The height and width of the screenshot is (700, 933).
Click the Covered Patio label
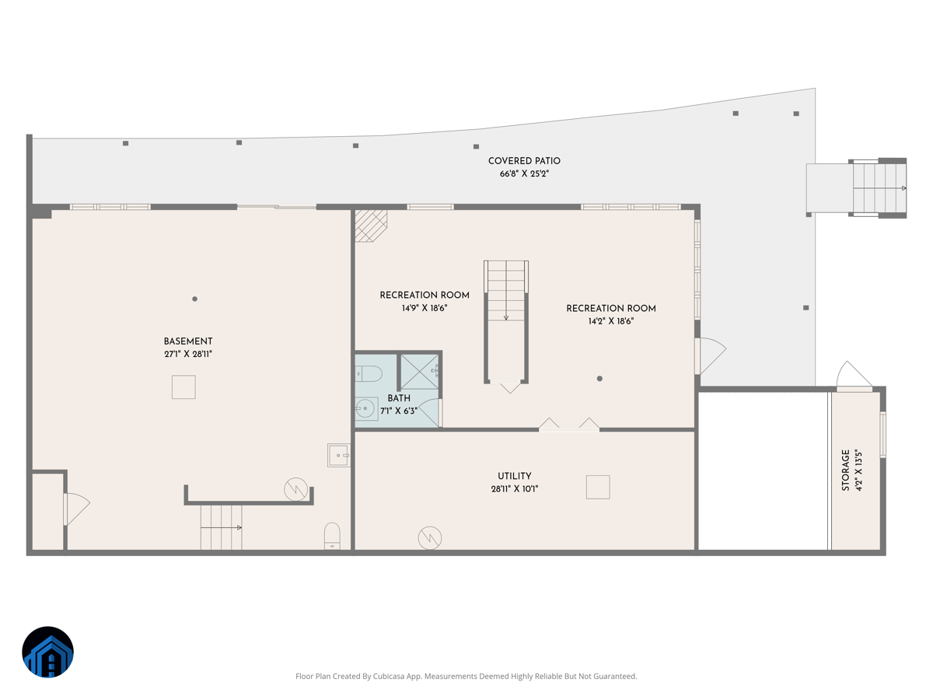pos(524,161)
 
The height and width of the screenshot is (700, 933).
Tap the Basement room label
pos(188,341)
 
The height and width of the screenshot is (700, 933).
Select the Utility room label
pos(515,476)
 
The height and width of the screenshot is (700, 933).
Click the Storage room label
pos(845,470)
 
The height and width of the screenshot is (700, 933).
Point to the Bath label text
pos(399,398)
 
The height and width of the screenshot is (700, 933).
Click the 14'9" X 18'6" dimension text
pos(425,308)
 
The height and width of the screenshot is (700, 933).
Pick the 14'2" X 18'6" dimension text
pos(611,320)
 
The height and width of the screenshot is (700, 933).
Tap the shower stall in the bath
pos(420,371)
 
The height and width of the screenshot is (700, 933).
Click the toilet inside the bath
pos(369,374)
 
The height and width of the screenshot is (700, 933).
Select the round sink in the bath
pos(365,408)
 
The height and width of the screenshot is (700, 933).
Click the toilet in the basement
pos(332,535)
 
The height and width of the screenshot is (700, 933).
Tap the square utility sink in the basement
pos(339,455)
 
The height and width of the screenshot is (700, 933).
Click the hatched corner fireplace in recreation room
pos(369,224)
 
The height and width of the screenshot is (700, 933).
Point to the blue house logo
pos(47,652)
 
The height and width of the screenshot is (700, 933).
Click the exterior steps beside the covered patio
pos(879,188)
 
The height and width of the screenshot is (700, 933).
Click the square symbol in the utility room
pos(598,487)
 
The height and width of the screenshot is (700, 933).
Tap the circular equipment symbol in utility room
pos(430,537)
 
